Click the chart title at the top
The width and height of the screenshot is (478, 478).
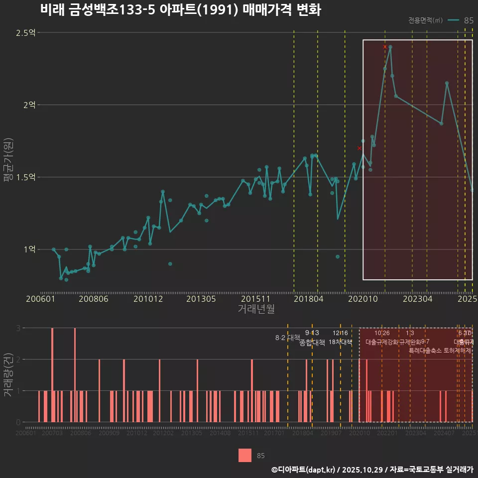pyautogui.click(x=180, y=10)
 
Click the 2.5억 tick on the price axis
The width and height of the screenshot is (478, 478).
pyautogui.click(x=25, y=33)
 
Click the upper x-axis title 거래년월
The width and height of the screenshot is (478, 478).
pyautogui.click(x=256, y=309)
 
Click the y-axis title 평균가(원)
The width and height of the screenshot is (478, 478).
pyautogui.click(x=7, y=162)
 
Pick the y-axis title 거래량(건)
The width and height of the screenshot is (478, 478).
pyautogui.click(x=7, y=374)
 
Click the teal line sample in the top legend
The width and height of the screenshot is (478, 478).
pyautogui.click(x=453, y=20)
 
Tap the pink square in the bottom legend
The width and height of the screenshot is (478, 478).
pyautogui.click(x=244, y=455)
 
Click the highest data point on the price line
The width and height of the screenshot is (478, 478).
pyautogui.click(x=390, y=47)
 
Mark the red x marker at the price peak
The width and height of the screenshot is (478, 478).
pyautogui.click(x=385, y=47)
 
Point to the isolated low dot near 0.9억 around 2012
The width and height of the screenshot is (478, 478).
pyautogui.click(x=170, y=263)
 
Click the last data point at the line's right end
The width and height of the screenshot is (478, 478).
pyautogui.click(x=472, y=190)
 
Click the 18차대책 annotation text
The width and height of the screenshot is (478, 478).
pyautogui.click(x=341, y=342)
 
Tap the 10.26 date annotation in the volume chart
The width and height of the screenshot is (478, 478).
pyautogui.click(x=382, y=333)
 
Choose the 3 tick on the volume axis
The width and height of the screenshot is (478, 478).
pyautogui.click(x=18, y=328)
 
